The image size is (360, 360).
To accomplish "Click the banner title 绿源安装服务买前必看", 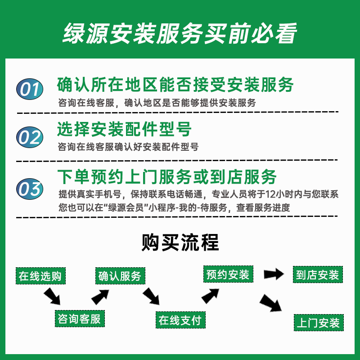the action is (180, 32).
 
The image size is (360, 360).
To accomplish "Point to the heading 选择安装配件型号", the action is (124, 130).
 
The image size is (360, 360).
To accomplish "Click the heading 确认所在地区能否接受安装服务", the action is (175, 84).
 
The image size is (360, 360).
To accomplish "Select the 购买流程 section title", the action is (180, 243).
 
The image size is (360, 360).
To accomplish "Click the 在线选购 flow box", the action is (40, 275).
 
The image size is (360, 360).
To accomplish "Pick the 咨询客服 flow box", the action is (79, 319).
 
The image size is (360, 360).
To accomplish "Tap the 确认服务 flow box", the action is (120, 276).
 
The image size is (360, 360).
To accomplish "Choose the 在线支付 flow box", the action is (180, 320).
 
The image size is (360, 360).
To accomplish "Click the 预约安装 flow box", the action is (228, 274).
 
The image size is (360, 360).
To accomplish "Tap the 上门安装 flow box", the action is (318, 323).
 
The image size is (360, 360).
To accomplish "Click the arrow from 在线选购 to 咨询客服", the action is (53, 296).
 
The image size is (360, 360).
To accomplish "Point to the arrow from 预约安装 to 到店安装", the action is (273, 274).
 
